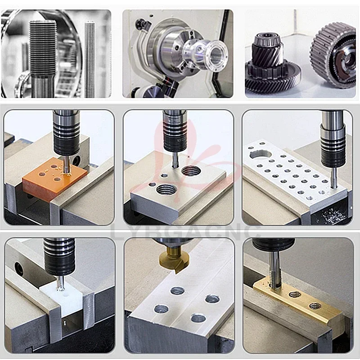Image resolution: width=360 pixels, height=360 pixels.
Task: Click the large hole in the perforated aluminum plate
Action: tap(261, 154)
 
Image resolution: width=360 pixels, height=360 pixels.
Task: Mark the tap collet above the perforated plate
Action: tap(333, 140)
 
